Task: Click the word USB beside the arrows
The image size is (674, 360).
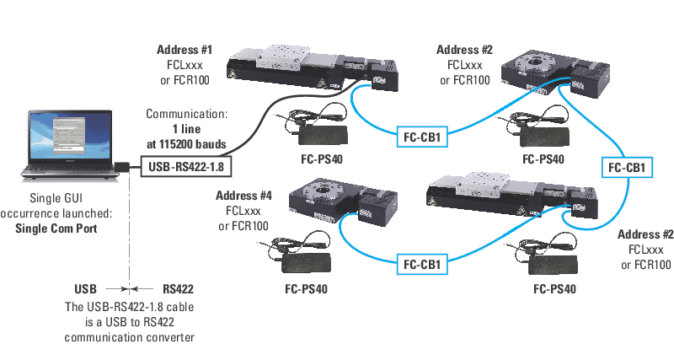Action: coord(90,288)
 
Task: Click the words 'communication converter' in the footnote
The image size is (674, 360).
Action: coord(129,337)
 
